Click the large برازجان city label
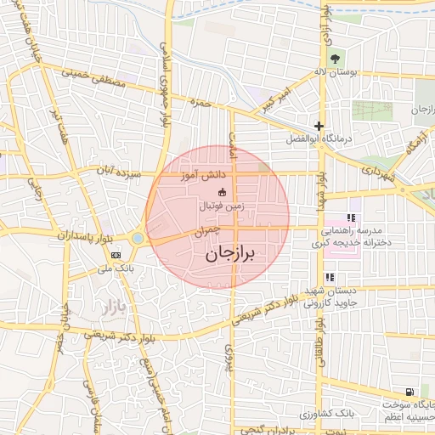coord(230,253)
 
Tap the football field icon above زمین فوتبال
coord(222,192)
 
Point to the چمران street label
coord(206,230)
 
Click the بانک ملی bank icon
coord(116,255)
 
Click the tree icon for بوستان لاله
coord(334,59)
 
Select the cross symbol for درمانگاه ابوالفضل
coord(318,126)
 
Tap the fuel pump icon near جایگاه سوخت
coord(411,393)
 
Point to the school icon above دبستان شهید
coord(329,277)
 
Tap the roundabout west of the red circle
coord(138,239)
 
